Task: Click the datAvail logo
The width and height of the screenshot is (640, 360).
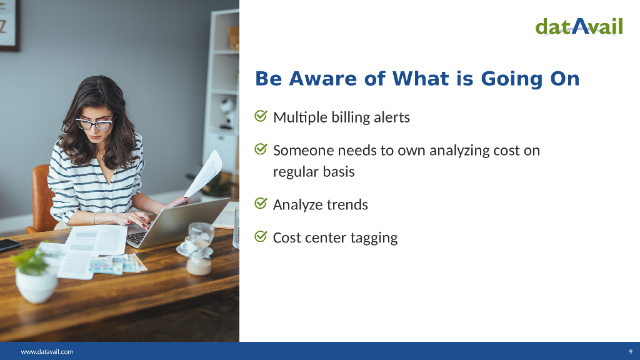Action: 579,26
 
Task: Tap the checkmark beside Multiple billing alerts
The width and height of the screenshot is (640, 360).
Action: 261,116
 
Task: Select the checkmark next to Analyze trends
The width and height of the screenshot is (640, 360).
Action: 261,204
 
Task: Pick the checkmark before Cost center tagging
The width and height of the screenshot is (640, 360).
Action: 261,237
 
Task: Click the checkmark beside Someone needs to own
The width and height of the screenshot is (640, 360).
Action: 261,150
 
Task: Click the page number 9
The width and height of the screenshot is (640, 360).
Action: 631,351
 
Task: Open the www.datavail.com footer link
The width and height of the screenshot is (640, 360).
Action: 47,351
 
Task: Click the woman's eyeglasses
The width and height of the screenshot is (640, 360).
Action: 94,124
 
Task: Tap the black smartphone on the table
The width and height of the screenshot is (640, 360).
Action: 7,244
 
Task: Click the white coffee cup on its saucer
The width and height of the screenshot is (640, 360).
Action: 188,245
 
